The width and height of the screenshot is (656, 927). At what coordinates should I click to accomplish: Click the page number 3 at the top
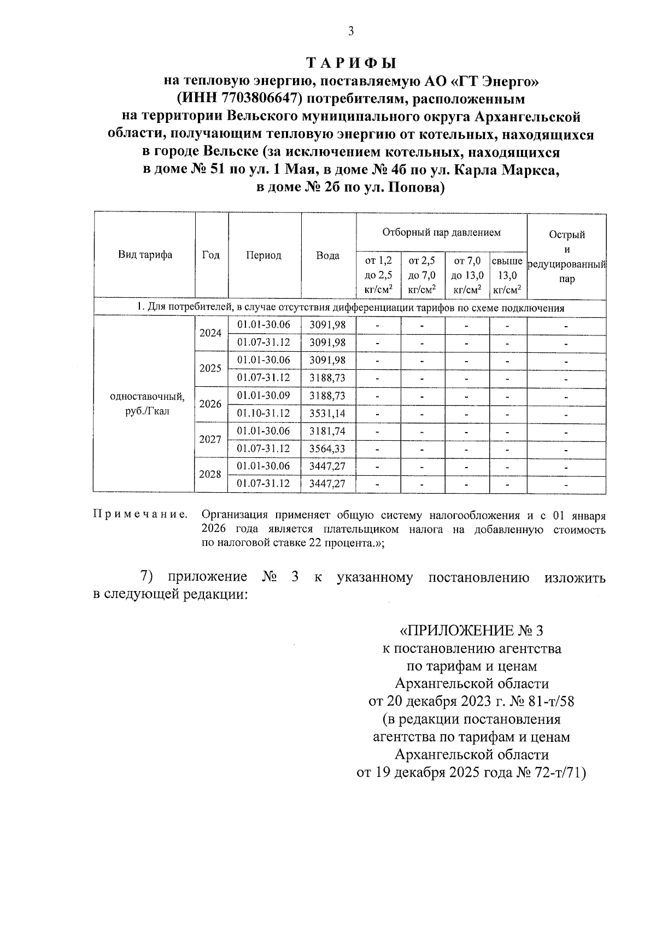351,31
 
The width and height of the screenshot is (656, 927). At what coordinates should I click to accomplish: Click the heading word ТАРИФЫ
350,63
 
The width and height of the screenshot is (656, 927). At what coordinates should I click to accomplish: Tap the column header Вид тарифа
145,255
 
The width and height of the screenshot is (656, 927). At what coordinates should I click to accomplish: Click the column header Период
263,255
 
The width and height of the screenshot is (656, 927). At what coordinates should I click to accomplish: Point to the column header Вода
328,255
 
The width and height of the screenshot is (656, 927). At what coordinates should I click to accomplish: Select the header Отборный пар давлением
441,233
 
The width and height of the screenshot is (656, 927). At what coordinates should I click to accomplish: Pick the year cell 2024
210,333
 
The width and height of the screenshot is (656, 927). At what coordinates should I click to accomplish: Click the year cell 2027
210,439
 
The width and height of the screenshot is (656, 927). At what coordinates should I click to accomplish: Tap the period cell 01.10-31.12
263,413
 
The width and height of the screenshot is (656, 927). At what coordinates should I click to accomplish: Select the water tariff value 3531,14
327,413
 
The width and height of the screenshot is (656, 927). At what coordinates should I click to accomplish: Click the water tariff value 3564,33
327,448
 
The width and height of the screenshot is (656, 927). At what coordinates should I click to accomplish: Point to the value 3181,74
327,431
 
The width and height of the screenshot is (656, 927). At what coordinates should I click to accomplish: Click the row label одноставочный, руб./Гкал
144,404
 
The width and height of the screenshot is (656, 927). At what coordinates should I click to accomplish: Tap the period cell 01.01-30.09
263,395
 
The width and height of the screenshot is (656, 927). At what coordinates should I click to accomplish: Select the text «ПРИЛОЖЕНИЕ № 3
471,631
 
